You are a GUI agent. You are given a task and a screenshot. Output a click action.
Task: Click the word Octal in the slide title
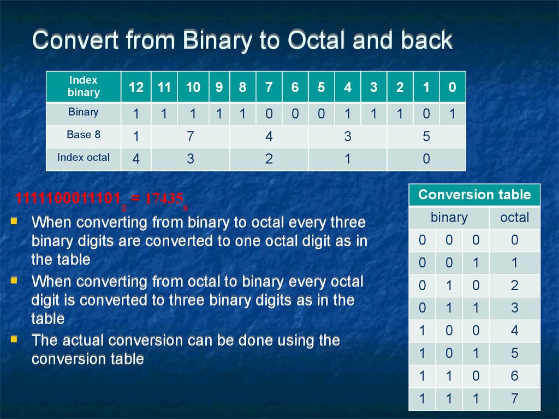(x=317, y=40)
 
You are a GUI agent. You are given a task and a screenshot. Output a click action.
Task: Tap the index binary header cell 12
(x=136, y=87)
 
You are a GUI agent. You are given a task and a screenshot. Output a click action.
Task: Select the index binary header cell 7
(x=269, y=87)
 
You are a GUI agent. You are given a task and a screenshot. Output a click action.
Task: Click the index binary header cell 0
(x=453, y=87)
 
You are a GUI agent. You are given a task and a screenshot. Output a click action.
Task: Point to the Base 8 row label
(x=84, y=135)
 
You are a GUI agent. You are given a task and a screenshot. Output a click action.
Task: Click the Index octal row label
(x=84, y=158)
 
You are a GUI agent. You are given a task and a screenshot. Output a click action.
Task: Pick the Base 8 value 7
(x=191, y=136)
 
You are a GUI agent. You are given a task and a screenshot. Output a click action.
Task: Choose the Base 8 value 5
(x=426, y=136)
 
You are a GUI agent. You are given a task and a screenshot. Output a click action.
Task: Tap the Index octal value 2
(x=269, y=159)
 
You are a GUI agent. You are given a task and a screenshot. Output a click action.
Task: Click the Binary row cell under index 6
(x=295, y=114)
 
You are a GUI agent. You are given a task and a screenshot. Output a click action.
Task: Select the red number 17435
(x=164, y=198)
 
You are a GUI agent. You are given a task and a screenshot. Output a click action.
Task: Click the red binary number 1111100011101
(x=68, y=198)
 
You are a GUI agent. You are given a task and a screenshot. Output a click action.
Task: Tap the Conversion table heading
(x=474, y=195)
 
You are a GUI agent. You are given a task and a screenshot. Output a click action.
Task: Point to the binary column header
(x=449, y=217)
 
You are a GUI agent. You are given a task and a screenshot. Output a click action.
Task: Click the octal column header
(x=514, y=217)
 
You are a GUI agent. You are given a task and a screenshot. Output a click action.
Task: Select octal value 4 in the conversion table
(x=514, y=330)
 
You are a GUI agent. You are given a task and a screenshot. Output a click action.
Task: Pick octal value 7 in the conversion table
(x=514, y=398)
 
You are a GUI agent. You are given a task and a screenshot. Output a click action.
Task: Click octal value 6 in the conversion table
(x=514, y=375)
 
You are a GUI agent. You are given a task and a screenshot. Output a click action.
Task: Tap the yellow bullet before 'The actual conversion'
(x=14, y=339)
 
